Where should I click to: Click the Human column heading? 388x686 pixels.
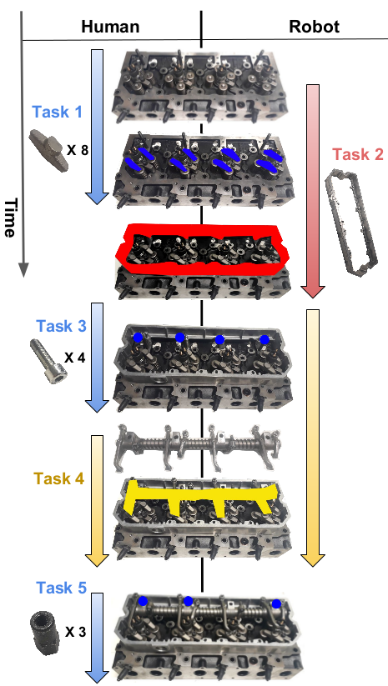(110, 27)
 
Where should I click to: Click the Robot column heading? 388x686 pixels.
(314, 27)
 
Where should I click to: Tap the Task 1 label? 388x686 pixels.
(58, 112)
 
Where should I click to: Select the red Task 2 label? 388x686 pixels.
(358, 154)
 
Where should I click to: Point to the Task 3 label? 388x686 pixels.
(61, 326)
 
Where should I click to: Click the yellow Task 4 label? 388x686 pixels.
(58, 478)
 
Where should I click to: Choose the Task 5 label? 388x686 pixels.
(61, 588)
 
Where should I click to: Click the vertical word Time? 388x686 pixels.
(11, 218)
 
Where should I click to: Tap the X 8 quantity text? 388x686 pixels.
(78, 151)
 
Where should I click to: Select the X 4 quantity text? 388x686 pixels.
(75, 358)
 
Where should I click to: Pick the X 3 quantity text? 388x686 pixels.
(76, 632)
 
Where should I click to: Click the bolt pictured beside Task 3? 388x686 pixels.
(48, 362)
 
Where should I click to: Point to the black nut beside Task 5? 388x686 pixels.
(45, 633)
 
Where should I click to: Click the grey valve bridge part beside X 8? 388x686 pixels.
(49, 151)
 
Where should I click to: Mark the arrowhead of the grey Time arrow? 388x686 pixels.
(23, 270)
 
